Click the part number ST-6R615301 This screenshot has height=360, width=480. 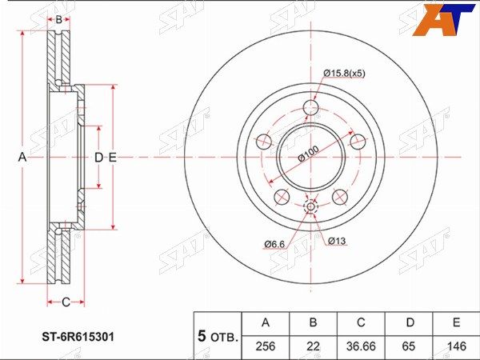coord(78,337)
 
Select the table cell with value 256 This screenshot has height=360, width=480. coord(266,346)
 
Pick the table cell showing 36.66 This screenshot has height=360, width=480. coord(361,346)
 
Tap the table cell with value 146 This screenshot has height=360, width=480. coord(456,346)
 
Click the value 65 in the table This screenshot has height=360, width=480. coord(409,346)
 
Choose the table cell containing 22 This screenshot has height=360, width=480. coord(313,346)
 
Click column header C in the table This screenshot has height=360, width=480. coord(361,322)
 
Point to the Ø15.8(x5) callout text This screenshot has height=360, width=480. coord(344,74)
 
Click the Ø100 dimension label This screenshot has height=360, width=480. coord(308,154)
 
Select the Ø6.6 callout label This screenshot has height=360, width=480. coord(274,244)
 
